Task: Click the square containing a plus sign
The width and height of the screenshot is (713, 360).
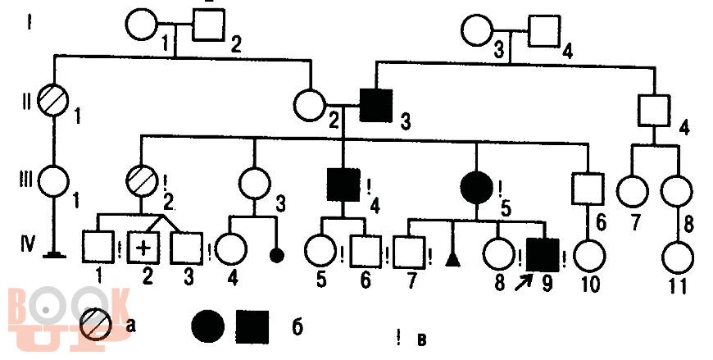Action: pos(143,248)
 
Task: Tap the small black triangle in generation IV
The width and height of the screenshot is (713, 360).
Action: pos(451,259)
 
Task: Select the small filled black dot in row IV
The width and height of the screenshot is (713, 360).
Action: pos(276,256)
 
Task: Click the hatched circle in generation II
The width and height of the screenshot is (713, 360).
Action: pos(54,100)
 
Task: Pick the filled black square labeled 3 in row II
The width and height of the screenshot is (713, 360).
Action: pos(376,106)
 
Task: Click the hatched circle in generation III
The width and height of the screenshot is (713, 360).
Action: pos(142,180)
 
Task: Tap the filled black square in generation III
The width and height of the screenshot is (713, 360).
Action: pos(343,185)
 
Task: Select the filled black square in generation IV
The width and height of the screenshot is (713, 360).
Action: pos(543,254)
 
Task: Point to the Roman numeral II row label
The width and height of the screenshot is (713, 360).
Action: pos(27,102)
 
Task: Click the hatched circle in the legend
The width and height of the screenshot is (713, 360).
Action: pos(96,325)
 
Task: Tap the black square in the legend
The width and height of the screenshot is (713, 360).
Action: pos(252,327)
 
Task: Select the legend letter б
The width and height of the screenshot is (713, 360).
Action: pos(297,326)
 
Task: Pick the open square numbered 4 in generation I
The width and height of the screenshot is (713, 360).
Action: pos(544,31)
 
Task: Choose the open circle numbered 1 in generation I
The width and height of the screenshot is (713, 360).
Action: pos(142,24)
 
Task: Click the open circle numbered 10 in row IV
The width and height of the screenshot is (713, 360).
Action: pos(590,255)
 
